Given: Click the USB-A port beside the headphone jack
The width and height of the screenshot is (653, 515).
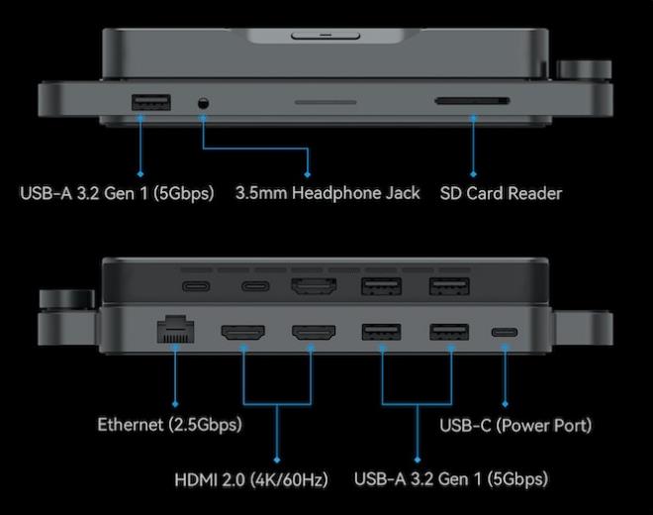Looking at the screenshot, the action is pyautogui.click(x=150, y=103).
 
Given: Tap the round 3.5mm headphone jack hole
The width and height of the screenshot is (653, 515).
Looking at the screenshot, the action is pyautogui.click(x=203, y=103).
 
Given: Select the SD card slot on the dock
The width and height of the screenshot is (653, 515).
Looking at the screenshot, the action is pyautogui.click(x=472, y=100).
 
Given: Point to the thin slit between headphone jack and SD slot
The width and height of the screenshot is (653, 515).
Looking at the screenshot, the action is pyautogui.click(x=326, y=102).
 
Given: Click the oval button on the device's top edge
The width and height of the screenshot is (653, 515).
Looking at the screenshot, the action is pyautogui.click(x=326, y=36).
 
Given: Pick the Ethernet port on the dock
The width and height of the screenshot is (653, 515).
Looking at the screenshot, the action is pyautogui.click(x=175, y=330).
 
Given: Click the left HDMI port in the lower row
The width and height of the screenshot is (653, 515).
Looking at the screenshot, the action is pyautogui.click(x=242, y=332).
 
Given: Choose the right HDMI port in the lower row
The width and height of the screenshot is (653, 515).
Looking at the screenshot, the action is pyautogui.click(x=314, y=332).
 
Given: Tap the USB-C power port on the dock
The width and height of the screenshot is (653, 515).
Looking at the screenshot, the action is pyautogui.click(x=505, y=333).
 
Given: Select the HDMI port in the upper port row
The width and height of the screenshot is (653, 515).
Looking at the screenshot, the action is pyautogui.click(x=314, y=286).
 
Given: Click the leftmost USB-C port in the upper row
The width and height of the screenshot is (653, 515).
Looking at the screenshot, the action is pyautogui.click(x=196, y=286).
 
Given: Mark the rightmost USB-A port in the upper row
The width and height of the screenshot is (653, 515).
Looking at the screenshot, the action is pyautogui.click(x=449, y=286).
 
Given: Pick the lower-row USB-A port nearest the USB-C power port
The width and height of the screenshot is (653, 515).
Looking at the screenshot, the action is pyautogui.click(x=449, y=332).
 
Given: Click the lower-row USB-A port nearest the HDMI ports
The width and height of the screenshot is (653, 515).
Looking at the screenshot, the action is pyautogui.click(x=382, y=332).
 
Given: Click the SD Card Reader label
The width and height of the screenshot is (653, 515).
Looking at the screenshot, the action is pyautogui.click(x=501, y=193).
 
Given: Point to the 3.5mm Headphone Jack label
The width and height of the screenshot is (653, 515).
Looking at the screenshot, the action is pyautogui.click(x=327, y=193).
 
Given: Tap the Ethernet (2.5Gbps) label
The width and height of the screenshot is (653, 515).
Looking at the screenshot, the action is pyautogui.click(x=169, y=425).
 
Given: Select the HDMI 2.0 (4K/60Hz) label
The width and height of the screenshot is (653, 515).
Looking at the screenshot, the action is pyautogui.click(x=251, y=479).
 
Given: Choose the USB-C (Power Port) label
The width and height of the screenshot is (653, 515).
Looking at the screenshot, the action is pyautogui.click(x=515, y=425).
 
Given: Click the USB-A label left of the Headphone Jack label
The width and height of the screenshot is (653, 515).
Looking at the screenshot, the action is pyautogui.click(x=117, y=193).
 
